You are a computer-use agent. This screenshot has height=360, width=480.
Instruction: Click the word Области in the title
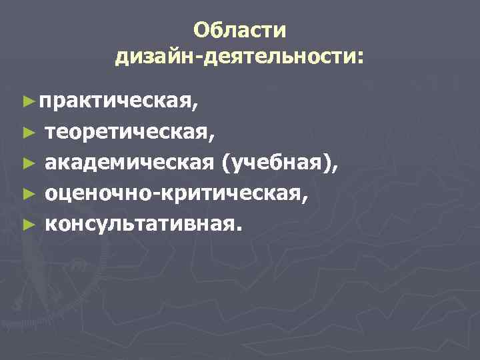click(240, 31)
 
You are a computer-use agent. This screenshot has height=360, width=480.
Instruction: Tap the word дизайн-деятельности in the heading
click(235, 57)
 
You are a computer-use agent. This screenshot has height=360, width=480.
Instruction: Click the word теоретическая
click(127, 133)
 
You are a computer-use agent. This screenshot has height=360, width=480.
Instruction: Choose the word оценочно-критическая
click(174, 193)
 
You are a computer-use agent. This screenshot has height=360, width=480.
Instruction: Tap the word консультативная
click(137, 223)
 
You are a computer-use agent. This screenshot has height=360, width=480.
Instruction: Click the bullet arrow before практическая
click(27, 101)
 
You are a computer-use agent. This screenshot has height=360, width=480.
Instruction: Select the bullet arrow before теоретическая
click(27, 132)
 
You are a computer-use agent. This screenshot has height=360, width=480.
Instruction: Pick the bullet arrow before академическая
click(27, 163)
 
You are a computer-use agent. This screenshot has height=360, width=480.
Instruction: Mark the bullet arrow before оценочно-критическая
click(27, 193)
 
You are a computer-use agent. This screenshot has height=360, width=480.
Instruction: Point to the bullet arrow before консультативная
click(27, 223)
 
